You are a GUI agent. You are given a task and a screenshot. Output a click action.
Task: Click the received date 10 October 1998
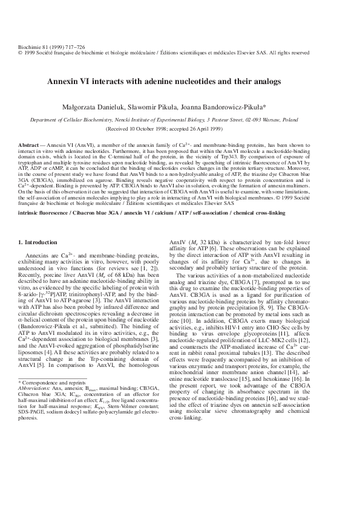(159, 129)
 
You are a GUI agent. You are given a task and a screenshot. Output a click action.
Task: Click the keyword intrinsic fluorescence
(42, 213)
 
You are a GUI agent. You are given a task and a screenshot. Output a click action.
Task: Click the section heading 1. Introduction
(38, 242)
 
